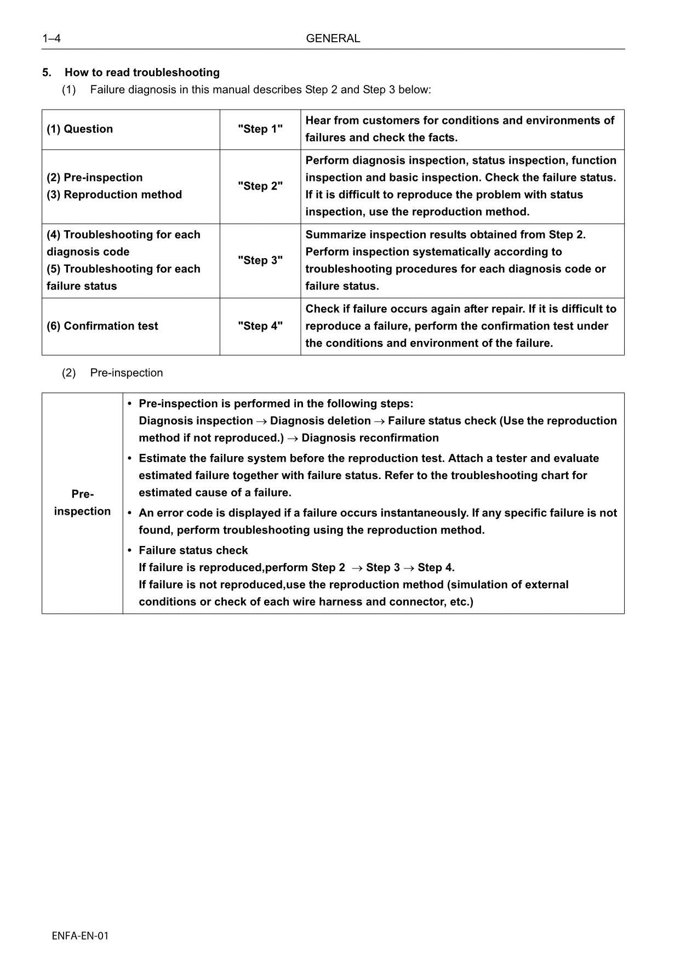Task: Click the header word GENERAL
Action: coord(333,38)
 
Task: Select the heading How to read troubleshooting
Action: coord(142,72)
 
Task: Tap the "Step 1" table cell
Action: coord(260,129)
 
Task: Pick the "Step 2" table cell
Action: coord(260,186)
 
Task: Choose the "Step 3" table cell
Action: coord(260,260)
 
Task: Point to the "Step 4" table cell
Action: coord(260,326)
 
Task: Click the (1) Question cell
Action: coord(79,129)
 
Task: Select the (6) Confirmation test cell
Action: coord(102,326)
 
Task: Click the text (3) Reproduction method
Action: coord(114,195)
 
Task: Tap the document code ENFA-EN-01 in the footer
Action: coord(80,936)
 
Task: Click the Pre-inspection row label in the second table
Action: coord(82,503)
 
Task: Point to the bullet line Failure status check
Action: coord(193,550)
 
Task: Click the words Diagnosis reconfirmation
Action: coord(370,438)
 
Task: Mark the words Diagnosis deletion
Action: coord(320,421)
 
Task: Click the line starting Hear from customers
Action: coord(459,121)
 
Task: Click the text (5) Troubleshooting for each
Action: coord(123,269)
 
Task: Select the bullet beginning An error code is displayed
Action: coord(377,513)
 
